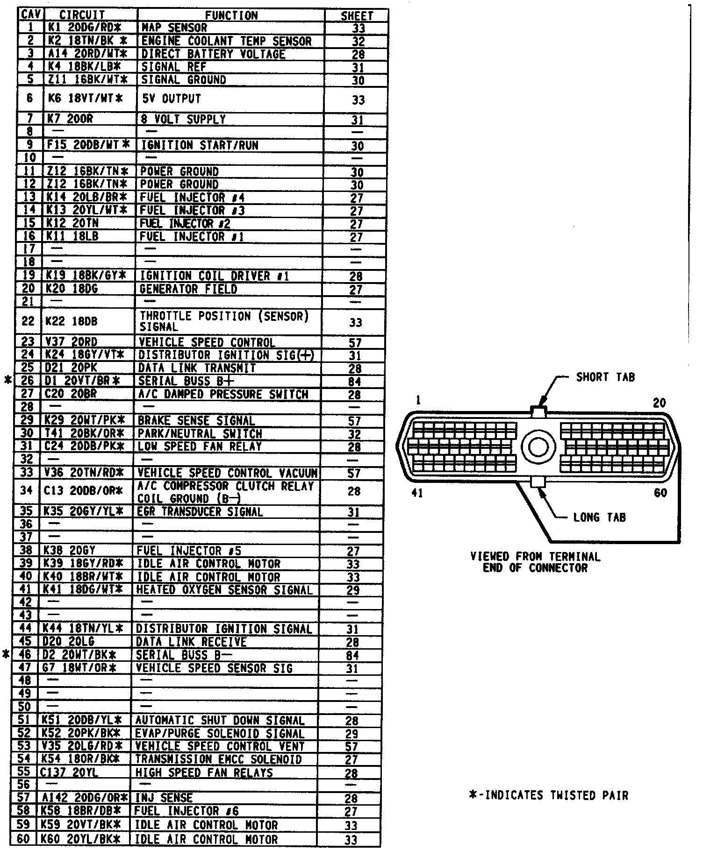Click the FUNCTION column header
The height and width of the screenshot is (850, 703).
point(231,15)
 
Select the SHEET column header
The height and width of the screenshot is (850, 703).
point(357,15)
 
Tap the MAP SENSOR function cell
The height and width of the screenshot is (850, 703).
point(174,28)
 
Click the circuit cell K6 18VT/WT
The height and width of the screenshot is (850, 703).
point(86,99)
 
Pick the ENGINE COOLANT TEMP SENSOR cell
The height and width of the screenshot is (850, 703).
point(226,41)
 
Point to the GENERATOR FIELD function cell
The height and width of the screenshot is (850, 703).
point(188,289)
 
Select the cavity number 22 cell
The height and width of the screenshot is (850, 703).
point(28,321)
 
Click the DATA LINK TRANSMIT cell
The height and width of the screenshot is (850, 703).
point(197,368)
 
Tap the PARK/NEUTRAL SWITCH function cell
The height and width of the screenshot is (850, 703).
point(200,434)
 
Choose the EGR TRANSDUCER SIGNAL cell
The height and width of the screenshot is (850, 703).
point(200,512)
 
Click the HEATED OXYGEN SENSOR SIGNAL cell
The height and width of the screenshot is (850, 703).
point(224,590)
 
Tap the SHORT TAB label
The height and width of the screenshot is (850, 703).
point(605,377)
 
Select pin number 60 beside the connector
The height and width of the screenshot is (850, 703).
point(660,493)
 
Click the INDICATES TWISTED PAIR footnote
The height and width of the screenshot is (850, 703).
point(548,795)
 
